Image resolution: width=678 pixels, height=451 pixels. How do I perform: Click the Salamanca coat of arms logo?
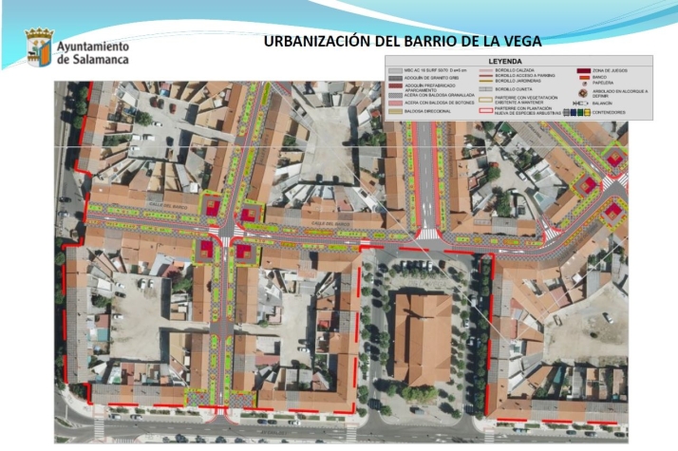38,46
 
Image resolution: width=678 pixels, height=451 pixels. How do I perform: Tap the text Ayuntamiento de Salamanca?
93,51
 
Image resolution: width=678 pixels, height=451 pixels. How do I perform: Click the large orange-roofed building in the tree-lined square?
422,338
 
